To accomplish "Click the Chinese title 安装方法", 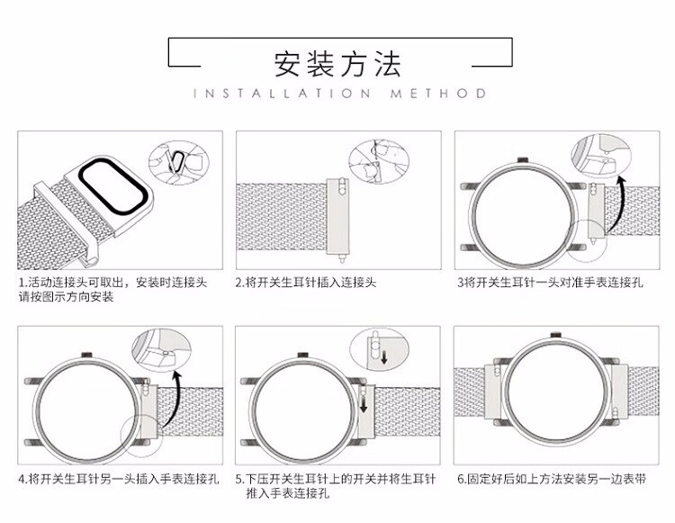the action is tap(337, 64).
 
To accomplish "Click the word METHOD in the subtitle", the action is tap(438, 94).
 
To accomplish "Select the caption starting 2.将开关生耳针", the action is tap(306, 283).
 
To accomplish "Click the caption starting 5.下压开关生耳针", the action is tap(336, 479).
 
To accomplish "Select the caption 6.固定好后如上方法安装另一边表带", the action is tap(552, 479).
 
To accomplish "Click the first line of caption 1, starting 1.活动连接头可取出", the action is tap(112, 283).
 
